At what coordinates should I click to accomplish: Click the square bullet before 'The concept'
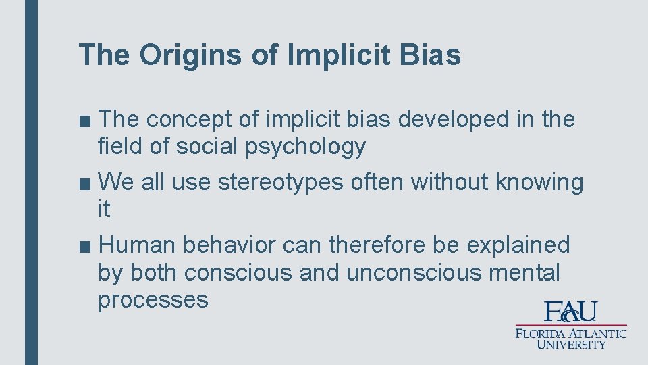(x=85, y=120)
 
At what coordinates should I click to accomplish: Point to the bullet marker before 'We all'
(x=85, y=182)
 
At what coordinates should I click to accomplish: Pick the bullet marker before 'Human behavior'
(x=85, y=245)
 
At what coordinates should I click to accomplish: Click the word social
(x=200, y=146)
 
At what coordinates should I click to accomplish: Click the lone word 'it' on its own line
(x=104, y=210)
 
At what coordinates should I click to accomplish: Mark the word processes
(x=153, y=299)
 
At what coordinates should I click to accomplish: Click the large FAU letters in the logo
(x=571, y=312)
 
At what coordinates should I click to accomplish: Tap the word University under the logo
(x=572, y=344)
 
